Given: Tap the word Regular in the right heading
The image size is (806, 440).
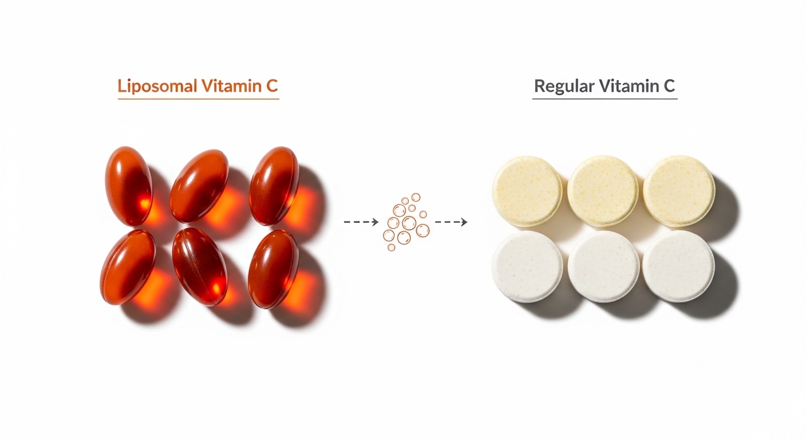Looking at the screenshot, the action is click(564, 87).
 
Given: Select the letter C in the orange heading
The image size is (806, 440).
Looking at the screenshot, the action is click(272, 87).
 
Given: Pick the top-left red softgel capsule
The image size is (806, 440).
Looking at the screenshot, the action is click(128, 184).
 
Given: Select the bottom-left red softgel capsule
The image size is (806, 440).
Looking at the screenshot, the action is click(128, 267).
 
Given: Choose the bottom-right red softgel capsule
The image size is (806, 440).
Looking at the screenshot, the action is click(273, 268).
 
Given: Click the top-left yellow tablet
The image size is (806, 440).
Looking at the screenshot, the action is click(527, 190).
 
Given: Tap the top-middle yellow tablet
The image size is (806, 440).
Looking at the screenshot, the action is click(603, 190).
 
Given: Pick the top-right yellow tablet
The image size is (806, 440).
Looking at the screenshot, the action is click(679, 190).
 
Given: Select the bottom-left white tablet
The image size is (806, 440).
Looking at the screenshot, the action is click(527, 266).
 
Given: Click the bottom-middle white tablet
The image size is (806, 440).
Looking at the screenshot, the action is click(603, 266).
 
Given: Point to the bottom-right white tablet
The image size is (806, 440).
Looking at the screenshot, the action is click(679, 266).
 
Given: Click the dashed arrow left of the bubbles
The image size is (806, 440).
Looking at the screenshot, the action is click(361, 221).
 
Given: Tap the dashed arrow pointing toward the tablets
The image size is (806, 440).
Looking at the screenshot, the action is click(451, 221).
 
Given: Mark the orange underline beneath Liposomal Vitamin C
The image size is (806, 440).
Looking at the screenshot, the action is click(198, 99).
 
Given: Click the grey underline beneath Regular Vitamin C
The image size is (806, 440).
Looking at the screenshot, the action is click(604, 99).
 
